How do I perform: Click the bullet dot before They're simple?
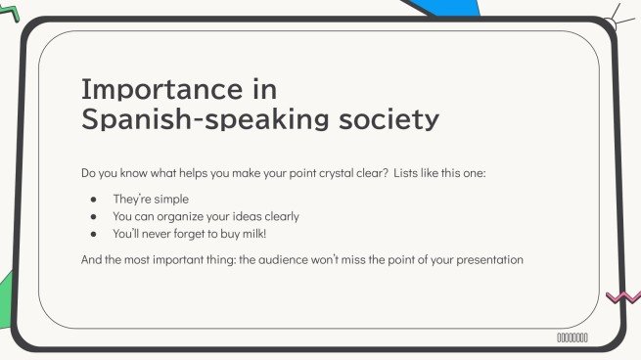(93, 199)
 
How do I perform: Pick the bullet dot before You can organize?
(93, 216)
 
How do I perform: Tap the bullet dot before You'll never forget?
(93, 235)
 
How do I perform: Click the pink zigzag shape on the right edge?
(623, 296)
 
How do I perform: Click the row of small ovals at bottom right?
(572, 337)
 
